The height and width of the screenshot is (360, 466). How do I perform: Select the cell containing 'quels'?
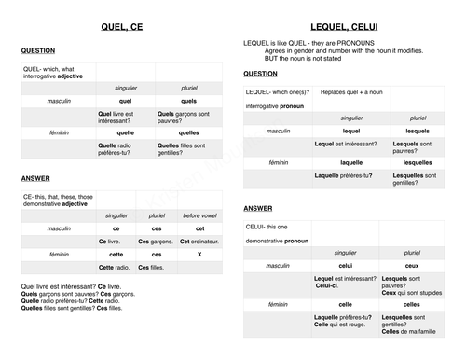pos(188,101)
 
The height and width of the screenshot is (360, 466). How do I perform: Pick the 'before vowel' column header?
pos(199,215)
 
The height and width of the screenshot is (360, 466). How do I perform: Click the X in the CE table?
pos(199,254)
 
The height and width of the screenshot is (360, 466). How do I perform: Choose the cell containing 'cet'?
pos(199,228)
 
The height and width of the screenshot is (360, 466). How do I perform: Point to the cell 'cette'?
pos(116,254)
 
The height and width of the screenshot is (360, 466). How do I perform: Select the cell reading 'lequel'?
pos(351,131)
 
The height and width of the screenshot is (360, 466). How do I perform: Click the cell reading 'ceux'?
pos(412,265)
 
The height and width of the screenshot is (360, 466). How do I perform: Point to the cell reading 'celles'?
pos(412,304)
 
